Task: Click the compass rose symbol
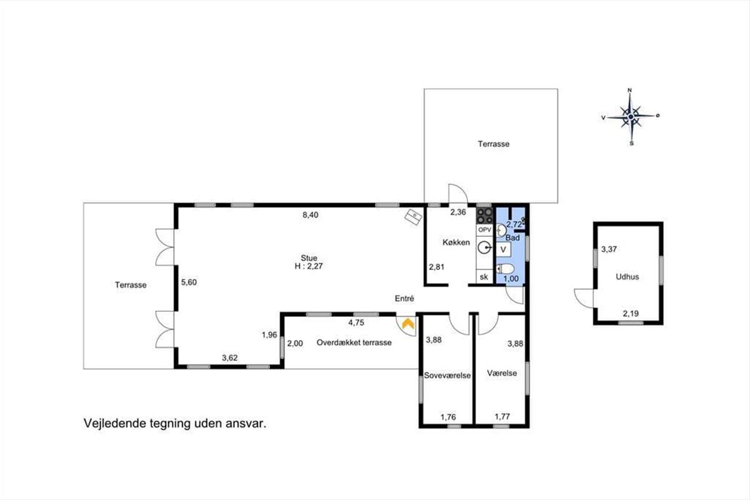click(x=631, y=116)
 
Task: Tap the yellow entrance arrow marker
click(x=407, y=324)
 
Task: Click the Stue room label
click(x=309, y=258)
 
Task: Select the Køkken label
click(x=456, y=242)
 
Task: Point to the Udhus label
click(x=627, y=277)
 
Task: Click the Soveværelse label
click(x=447, y=376)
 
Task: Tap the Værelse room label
click(x=502, y=373)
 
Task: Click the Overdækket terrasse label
click(x=354, y=342)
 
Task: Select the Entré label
click(x=404, y=298)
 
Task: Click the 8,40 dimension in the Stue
click(x=311, y=215)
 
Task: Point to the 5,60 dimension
click(x=189, y=282)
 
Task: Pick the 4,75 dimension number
click(x=356, y=323)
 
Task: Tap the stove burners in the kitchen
click(x=484, y=216)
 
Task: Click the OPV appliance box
click(x=484, y=230)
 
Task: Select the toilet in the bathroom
click(x=504, y=269)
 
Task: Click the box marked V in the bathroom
click(x=503, y=249)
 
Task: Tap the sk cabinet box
click(x=484, y=277)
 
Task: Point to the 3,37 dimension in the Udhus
click(x=609, y=249)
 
